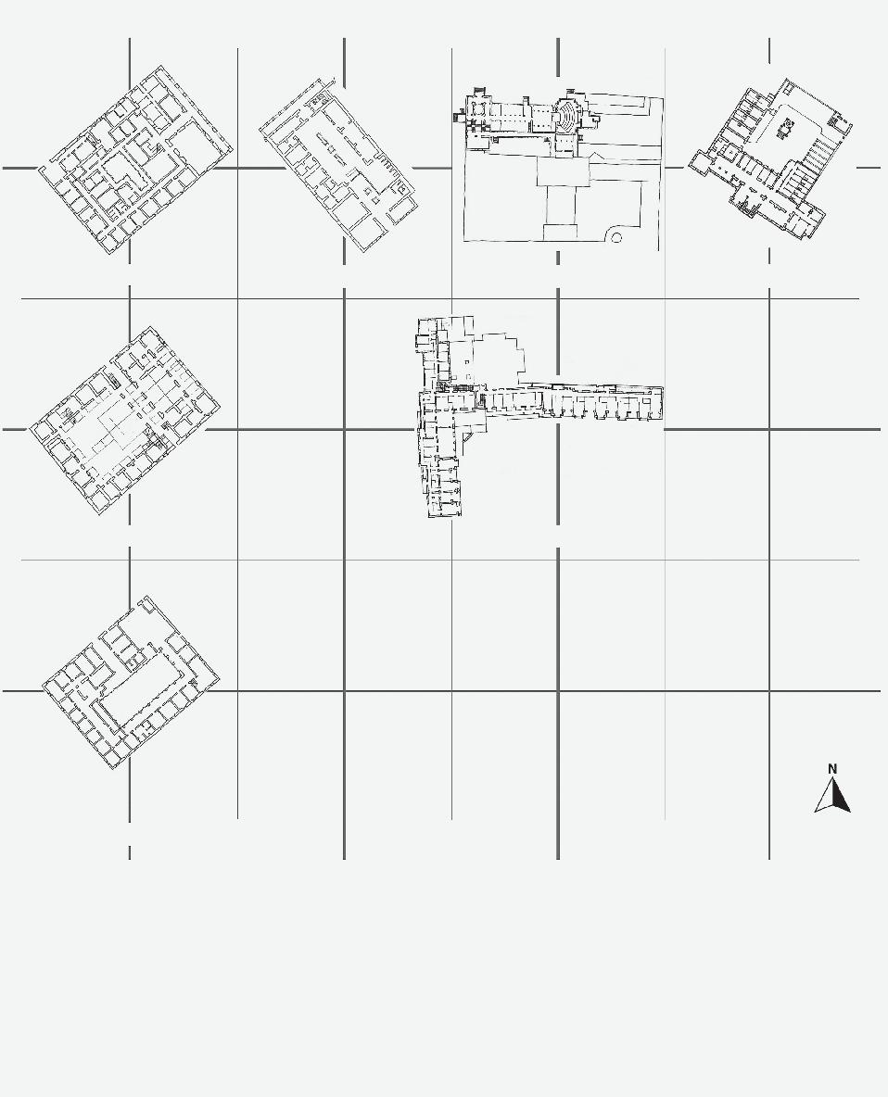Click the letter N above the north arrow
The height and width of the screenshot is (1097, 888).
[832, 768]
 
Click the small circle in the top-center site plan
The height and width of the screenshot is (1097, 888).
[617, 238]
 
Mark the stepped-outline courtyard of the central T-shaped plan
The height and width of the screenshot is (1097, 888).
[491, 352]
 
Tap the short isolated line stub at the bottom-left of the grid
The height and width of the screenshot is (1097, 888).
[129, 851]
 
